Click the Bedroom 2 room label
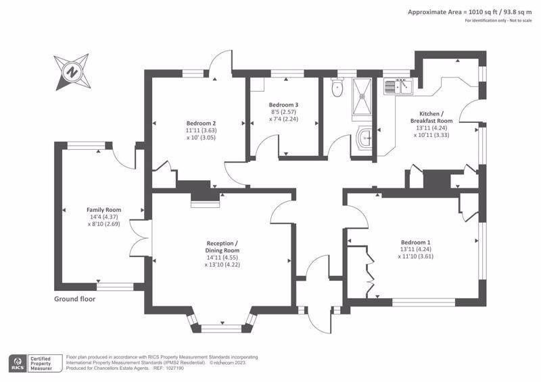(201, 124)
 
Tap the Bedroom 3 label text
(283, 105)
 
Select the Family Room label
(104, 210)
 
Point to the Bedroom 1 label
(415, 242)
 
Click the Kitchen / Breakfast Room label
(431, 117)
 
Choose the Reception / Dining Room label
(222, 247)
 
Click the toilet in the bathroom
(337, 88)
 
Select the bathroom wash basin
(364, 138)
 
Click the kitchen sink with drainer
(398, 86)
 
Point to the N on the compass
(72, 72)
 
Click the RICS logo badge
(18, 363)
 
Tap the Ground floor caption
(74, 299)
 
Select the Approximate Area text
(469, 12)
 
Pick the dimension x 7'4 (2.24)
(283, 119)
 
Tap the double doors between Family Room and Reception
(141, 238)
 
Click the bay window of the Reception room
(222, 323)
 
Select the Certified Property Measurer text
(41, 363)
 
